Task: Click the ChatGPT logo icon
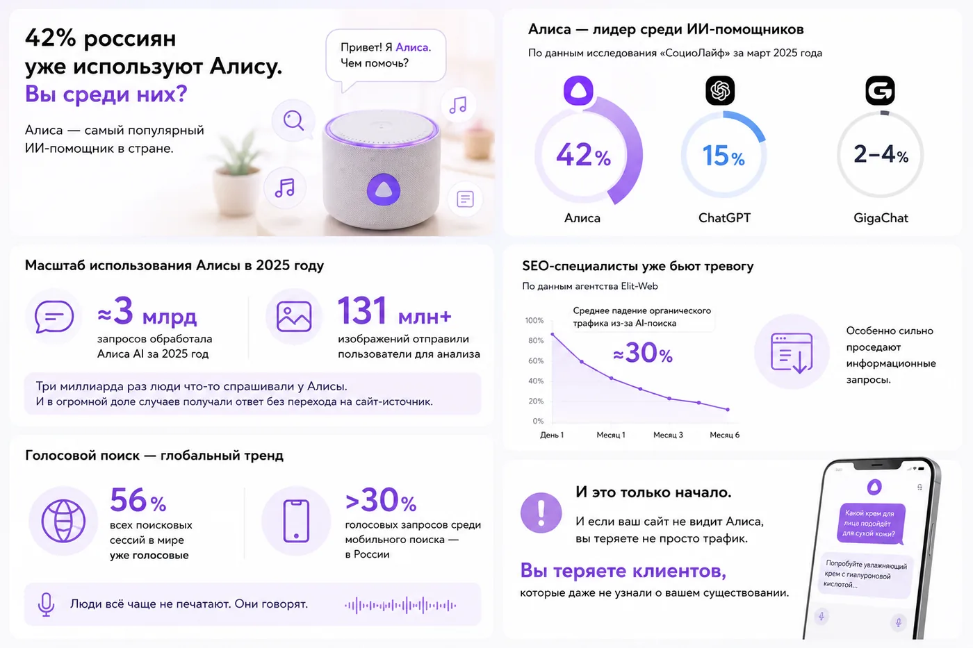[x=720, y=90]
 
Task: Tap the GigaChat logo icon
[x=880, y=90]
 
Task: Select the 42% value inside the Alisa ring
[x=583, y=155]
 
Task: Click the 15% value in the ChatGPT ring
[x=723, y=156]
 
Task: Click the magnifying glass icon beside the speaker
[x=293, y=120]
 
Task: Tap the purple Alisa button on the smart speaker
[x=383, y=190]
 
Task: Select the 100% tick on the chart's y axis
[x=534, y=320]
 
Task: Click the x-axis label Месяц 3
[x=668, y=435]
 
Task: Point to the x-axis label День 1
[x=552, y=435]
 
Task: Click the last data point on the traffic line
[x=728, y=409]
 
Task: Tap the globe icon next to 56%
[x=63, y=521]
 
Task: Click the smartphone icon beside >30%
[x=296, y=521]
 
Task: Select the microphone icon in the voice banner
[x=46, y=604]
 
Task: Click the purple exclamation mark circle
[x=541, y=513]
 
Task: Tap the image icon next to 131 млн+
[x=294, y=317]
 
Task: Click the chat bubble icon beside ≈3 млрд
[x=54, y=317]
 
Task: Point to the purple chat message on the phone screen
[x=870, y=523]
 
